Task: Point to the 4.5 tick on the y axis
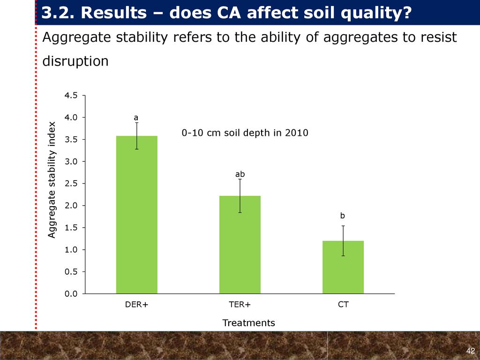coord(71,95)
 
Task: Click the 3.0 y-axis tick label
coord(71,161)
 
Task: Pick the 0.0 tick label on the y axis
coord(71,294)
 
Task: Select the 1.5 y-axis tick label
coord(71,228)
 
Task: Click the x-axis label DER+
coord(136,305)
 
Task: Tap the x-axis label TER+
coord(240,305)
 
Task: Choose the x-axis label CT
coord(343,305)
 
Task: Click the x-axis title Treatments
coord(248,323)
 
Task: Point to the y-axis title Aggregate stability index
coord(52,180)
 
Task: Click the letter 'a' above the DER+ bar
coord(136,117)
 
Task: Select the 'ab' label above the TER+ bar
coord(240,174)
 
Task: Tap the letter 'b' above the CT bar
coord(343,216)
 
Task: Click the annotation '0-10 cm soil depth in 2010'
coord(245,133)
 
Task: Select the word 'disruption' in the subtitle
coord(75,61)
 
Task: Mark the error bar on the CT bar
coord(343,240)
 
